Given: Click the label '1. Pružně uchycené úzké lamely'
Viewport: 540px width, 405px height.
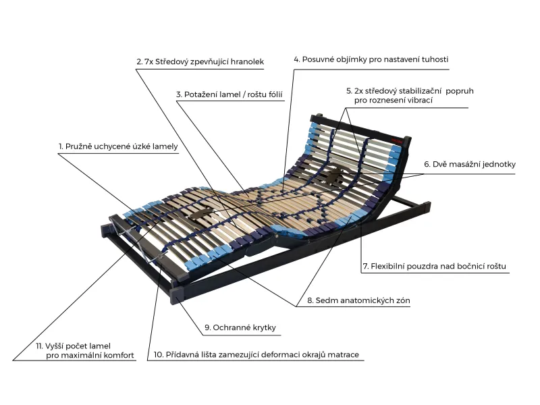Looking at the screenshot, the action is click(118, 146).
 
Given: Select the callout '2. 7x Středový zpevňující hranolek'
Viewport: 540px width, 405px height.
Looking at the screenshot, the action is click(200, 61).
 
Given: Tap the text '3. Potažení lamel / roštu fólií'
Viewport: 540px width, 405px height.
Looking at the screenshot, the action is click(230, 94).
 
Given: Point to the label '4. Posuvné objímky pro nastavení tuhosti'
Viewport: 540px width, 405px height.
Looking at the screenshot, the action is click(371, 59).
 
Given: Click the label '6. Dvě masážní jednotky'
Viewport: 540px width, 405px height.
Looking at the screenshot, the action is click(470, 164).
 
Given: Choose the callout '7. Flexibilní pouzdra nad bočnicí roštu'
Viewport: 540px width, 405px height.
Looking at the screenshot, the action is click(435, 266).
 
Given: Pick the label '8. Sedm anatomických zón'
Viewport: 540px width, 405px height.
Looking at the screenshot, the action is click(358, 300).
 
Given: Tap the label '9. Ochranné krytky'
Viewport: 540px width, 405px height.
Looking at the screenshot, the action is click(240, 327).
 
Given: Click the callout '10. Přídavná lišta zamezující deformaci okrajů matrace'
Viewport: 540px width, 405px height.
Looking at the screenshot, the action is click(256, 354).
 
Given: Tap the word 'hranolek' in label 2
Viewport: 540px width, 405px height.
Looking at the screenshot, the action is click(247, 61).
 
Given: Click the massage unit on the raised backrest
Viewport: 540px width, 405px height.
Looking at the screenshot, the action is click(335, 173).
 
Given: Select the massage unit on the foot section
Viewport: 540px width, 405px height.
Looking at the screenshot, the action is click(202, 214).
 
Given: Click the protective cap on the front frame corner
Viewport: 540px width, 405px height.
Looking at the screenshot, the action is click(178, 295).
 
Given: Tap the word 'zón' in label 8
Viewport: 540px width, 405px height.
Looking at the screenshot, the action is click(403, 300).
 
